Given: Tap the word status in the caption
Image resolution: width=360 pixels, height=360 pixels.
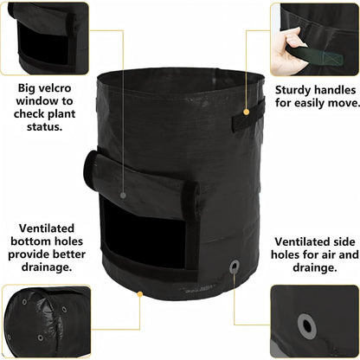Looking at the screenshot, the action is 45,127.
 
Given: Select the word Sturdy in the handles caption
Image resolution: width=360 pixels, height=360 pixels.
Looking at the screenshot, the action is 292,90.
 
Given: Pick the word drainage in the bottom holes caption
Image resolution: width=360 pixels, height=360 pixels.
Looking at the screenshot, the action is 47,267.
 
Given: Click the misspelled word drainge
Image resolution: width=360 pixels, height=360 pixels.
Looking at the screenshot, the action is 315,268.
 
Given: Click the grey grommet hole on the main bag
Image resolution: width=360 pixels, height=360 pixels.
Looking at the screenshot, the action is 235,267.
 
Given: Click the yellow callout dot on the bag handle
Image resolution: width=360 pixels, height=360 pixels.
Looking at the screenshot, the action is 246,112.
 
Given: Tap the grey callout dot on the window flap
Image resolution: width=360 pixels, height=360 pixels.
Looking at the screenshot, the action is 123,196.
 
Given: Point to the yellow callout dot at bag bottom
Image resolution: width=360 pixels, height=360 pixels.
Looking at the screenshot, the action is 140,294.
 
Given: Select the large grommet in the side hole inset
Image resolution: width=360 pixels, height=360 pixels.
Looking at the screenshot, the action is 306,326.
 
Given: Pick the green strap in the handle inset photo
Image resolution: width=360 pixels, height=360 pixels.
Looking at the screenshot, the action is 315,55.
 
